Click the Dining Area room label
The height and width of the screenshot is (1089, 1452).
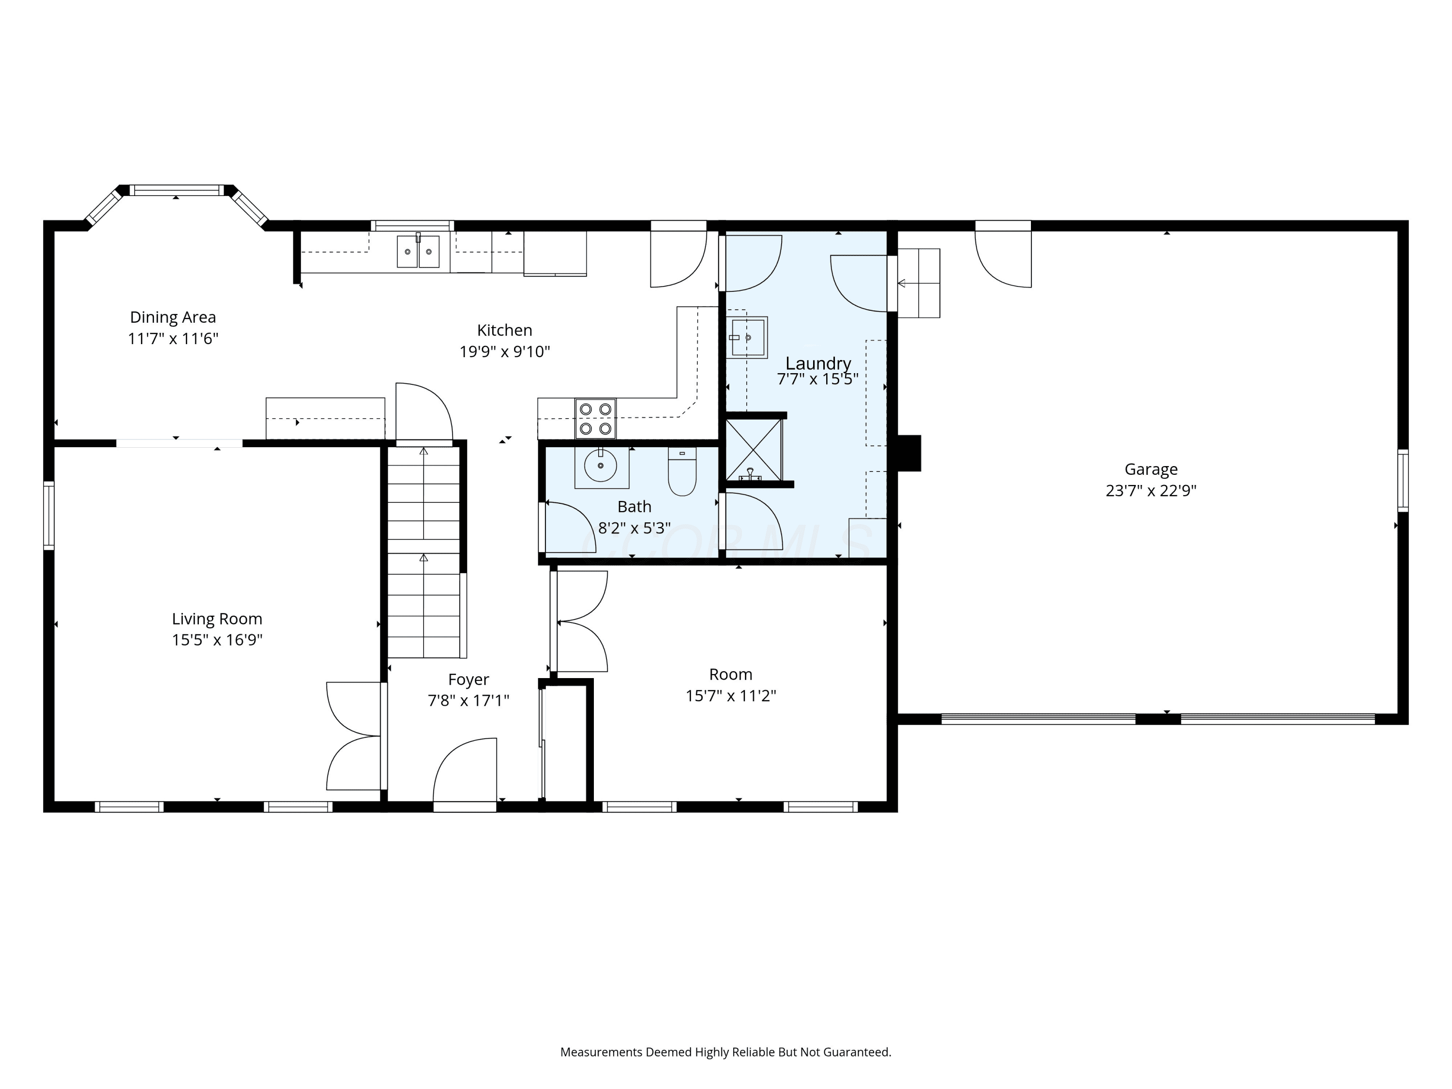pos(173,317)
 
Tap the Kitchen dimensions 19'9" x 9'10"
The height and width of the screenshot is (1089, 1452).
pos(505,352)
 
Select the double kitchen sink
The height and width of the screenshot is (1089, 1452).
pos(418,251)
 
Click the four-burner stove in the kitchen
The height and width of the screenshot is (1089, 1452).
pos(595,418)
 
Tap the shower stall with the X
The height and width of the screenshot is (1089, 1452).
pos(754,450)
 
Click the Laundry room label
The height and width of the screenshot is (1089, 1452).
pos(818,363)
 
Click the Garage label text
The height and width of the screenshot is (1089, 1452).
pos(1150,469)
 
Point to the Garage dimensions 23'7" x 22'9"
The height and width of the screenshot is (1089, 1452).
pos(1150,491)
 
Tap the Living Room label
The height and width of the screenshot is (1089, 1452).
pos(217,619)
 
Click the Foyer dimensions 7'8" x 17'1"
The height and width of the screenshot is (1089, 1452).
pos(469,701)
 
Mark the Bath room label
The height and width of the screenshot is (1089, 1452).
pos(634,507)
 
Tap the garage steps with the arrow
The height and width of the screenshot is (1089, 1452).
pos(918,283)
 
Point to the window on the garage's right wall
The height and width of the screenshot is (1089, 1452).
pos(1403,481)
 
